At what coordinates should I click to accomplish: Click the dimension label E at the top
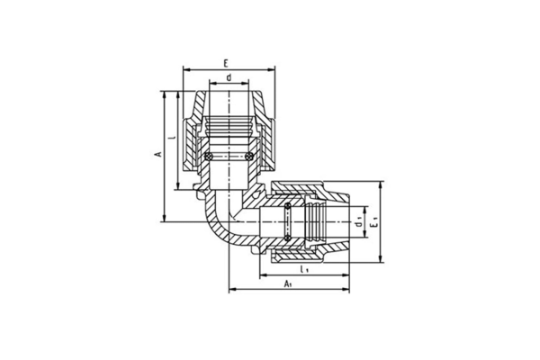[x=226, y=63]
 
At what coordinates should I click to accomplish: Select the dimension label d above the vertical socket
[x=229, y=77]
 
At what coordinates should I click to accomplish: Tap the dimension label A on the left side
[x=158, y=154]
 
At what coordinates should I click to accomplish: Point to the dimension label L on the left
[x=174, y=137]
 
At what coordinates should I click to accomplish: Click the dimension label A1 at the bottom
[x=288, y=283]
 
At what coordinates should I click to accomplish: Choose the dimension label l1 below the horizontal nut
[x=304, y=269]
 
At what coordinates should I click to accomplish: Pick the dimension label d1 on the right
[x=358, y=222]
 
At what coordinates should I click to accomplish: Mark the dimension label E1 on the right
[x=374, y=222]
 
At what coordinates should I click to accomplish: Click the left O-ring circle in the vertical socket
[x=209, y=157]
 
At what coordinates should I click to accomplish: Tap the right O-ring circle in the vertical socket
[x=249, y=157]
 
